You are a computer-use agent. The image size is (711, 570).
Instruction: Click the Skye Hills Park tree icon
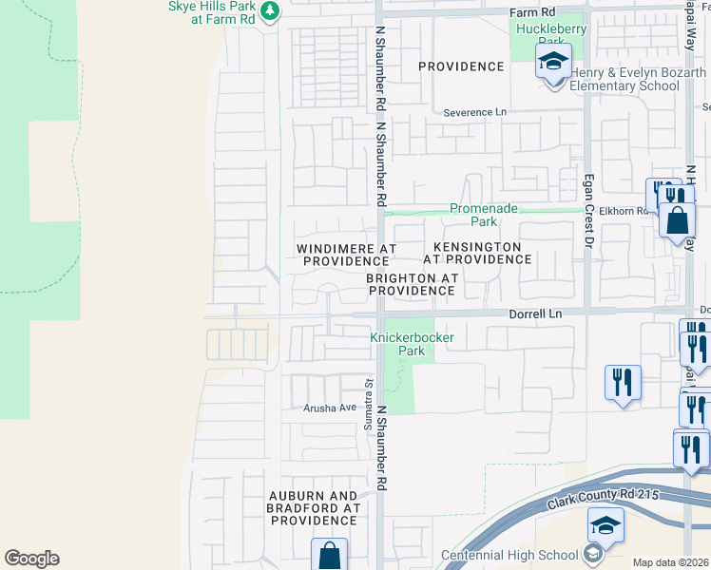pyautogui.click(x=271, y=10)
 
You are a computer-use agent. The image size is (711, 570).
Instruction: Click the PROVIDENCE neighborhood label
pyautogui.click(x=461, y=66)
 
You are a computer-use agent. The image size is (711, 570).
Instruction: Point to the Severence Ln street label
pyautogui.click(x=475, y=112)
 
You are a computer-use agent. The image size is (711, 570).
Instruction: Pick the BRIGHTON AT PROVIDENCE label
pyautogui.click(x=413, y=284)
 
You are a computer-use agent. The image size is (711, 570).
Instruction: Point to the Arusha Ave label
pyautogui.click(x=329, y=408)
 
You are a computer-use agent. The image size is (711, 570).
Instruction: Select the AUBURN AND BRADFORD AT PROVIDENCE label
pyautogui.click(x=313, y=508)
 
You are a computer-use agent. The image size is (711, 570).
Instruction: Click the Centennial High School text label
pyautogui.click(x=509, y=555)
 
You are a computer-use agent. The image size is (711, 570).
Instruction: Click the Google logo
pyautogui.click(x=31, y=559)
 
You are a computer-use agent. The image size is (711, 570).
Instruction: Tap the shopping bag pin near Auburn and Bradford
pyautogui.click(x=329, y=554)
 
